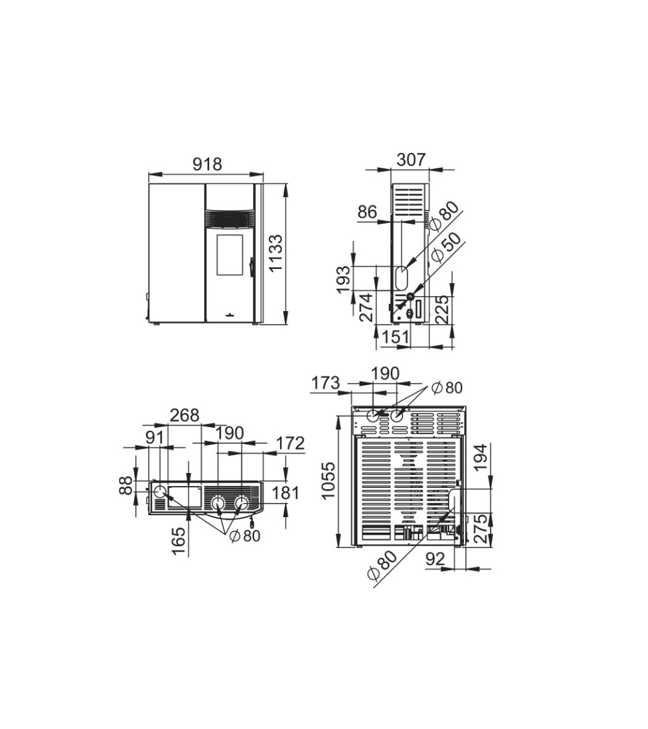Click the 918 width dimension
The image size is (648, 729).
coord(208,164)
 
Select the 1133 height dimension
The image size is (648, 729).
coord(275,253)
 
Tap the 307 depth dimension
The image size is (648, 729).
coord(411,159)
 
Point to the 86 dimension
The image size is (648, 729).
coord(367,212)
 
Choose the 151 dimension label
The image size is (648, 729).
coord(395,336)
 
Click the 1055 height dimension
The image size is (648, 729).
coord(328,481)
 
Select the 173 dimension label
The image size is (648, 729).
coord(326,383)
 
